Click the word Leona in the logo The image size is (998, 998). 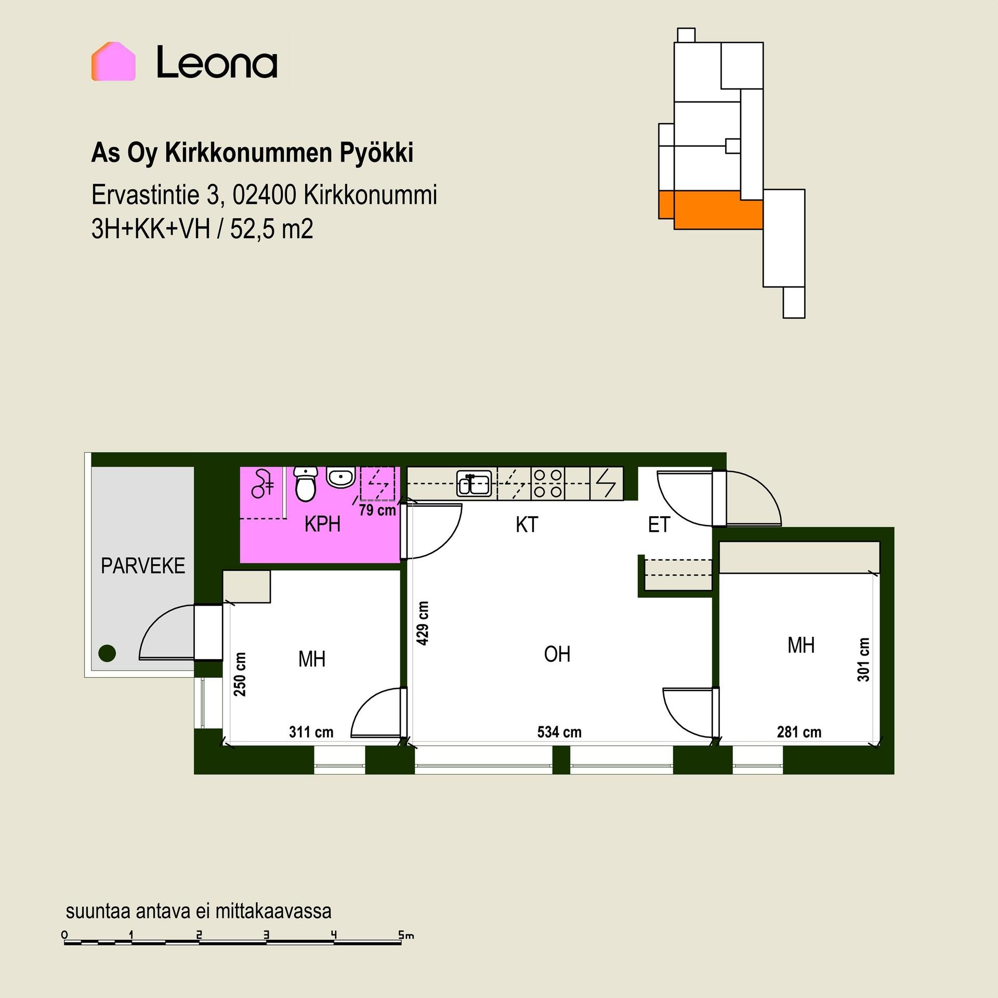pos(217,62)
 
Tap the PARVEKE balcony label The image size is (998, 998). pos(143,566)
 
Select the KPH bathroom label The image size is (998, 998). pos(323,525)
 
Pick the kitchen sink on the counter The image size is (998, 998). pos(474,484)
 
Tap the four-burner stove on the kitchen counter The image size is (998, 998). pos(548,483)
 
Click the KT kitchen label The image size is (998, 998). pos(527,525)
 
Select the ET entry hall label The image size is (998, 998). pos(659,525)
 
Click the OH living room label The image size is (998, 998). pos(557,654)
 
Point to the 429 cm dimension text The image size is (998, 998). pos(423,623)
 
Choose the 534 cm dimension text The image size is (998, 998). pos(559,732)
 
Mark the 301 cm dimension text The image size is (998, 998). pos(863,660)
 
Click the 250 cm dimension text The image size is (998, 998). pos(240,674)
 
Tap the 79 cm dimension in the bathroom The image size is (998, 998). pos(377,510)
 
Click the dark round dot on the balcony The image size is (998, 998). pos(107,653)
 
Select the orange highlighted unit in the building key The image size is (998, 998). pos(711,209)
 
